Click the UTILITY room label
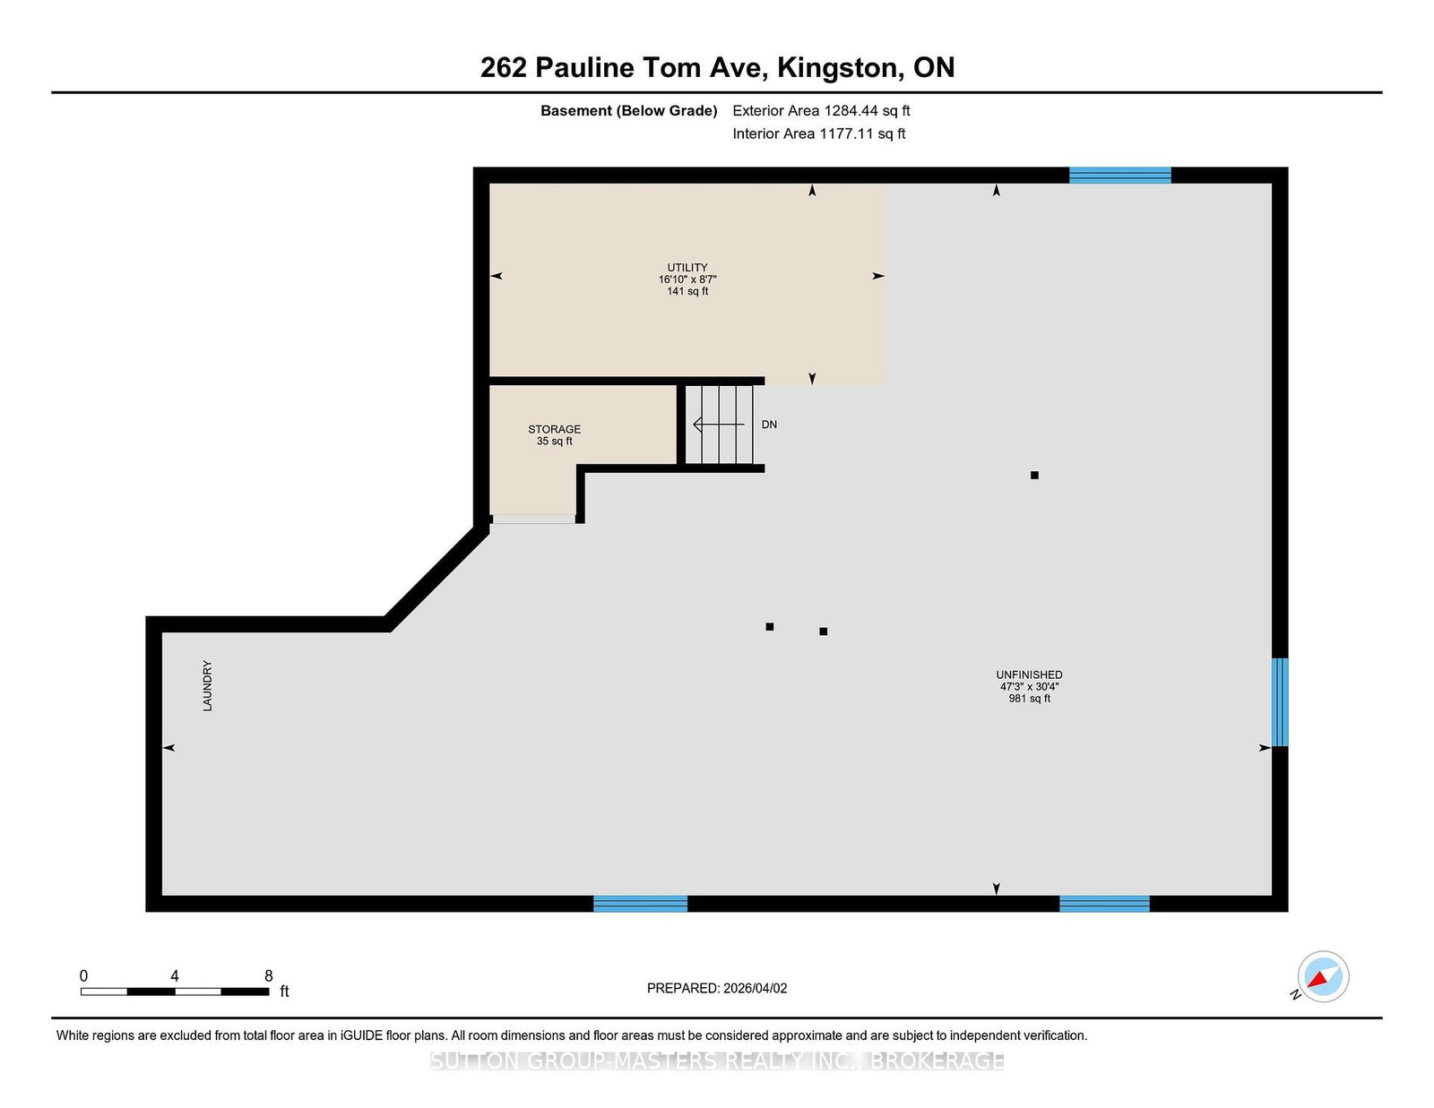(687, 267)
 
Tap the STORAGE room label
(554, 429)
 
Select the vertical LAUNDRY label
(207, 685)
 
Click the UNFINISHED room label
(1029, 674)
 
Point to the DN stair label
(769, 425)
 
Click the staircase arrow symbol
(719, 425)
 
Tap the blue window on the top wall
(1120, 176)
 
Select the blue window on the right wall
(1280, 701)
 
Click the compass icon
(1323, 976)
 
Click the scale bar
(175, 992)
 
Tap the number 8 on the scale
(269, 975)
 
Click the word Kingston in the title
(840, 68)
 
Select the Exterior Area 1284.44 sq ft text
(821, 111)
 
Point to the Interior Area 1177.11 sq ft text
(818, 133)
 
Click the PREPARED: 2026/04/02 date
(717, 988)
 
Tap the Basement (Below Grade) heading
(628, 111)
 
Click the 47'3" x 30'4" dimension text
(1029, 686)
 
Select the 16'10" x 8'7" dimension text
(687, 279)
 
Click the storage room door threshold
(534, 519)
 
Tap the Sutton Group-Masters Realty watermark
(717, 1061)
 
